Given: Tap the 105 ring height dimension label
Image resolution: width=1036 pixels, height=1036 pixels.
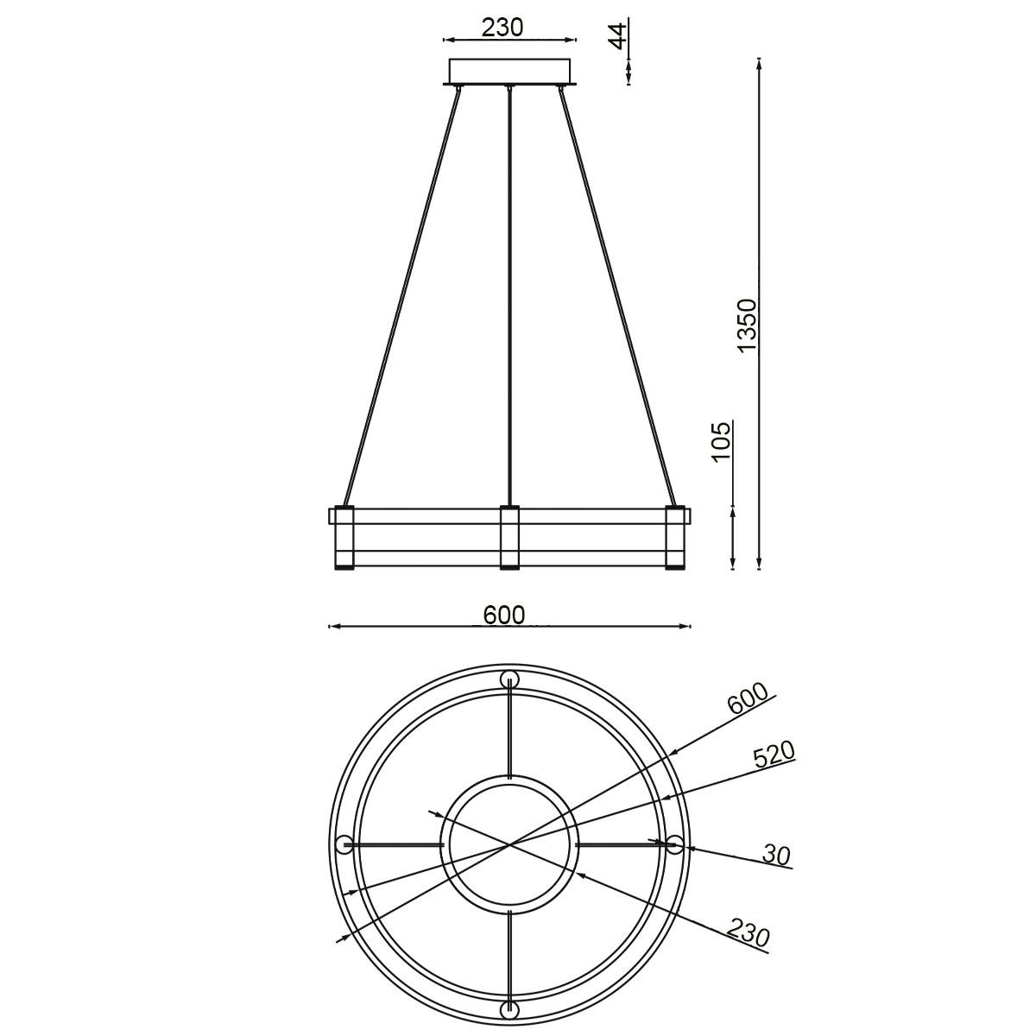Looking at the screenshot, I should click(722, 441).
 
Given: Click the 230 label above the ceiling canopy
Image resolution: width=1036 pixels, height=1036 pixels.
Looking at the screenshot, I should click(502, 28).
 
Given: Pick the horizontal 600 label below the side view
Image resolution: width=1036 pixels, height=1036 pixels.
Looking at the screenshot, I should click(504, 615).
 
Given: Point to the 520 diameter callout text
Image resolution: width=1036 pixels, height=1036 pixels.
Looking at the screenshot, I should click(773, 755).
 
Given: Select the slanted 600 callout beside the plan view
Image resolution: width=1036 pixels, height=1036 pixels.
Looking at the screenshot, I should click(748, 698).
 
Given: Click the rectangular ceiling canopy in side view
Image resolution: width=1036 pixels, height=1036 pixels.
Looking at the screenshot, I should click(510, 71).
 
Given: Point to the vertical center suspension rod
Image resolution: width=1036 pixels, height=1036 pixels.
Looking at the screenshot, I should click(510, 294).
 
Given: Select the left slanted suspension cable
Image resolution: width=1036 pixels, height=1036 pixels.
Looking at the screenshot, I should click(401, 294).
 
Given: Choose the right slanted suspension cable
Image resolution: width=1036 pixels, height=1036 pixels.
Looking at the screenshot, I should click(619, 294).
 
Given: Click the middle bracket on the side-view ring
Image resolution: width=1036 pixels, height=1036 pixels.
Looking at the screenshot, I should click(510, 538).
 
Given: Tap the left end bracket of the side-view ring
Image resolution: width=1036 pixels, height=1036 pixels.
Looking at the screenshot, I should click(344, 538).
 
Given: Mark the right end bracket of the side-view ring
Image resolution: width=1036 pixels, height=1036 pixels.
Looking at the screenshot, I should click(674, 538).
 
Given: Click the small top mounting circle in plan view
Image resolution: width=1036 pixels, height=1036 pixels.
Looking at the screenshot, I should click(509, 679).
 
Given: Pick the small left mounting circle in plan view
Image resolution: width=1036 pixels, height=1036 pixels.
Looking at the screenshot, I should click(344, 843).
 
